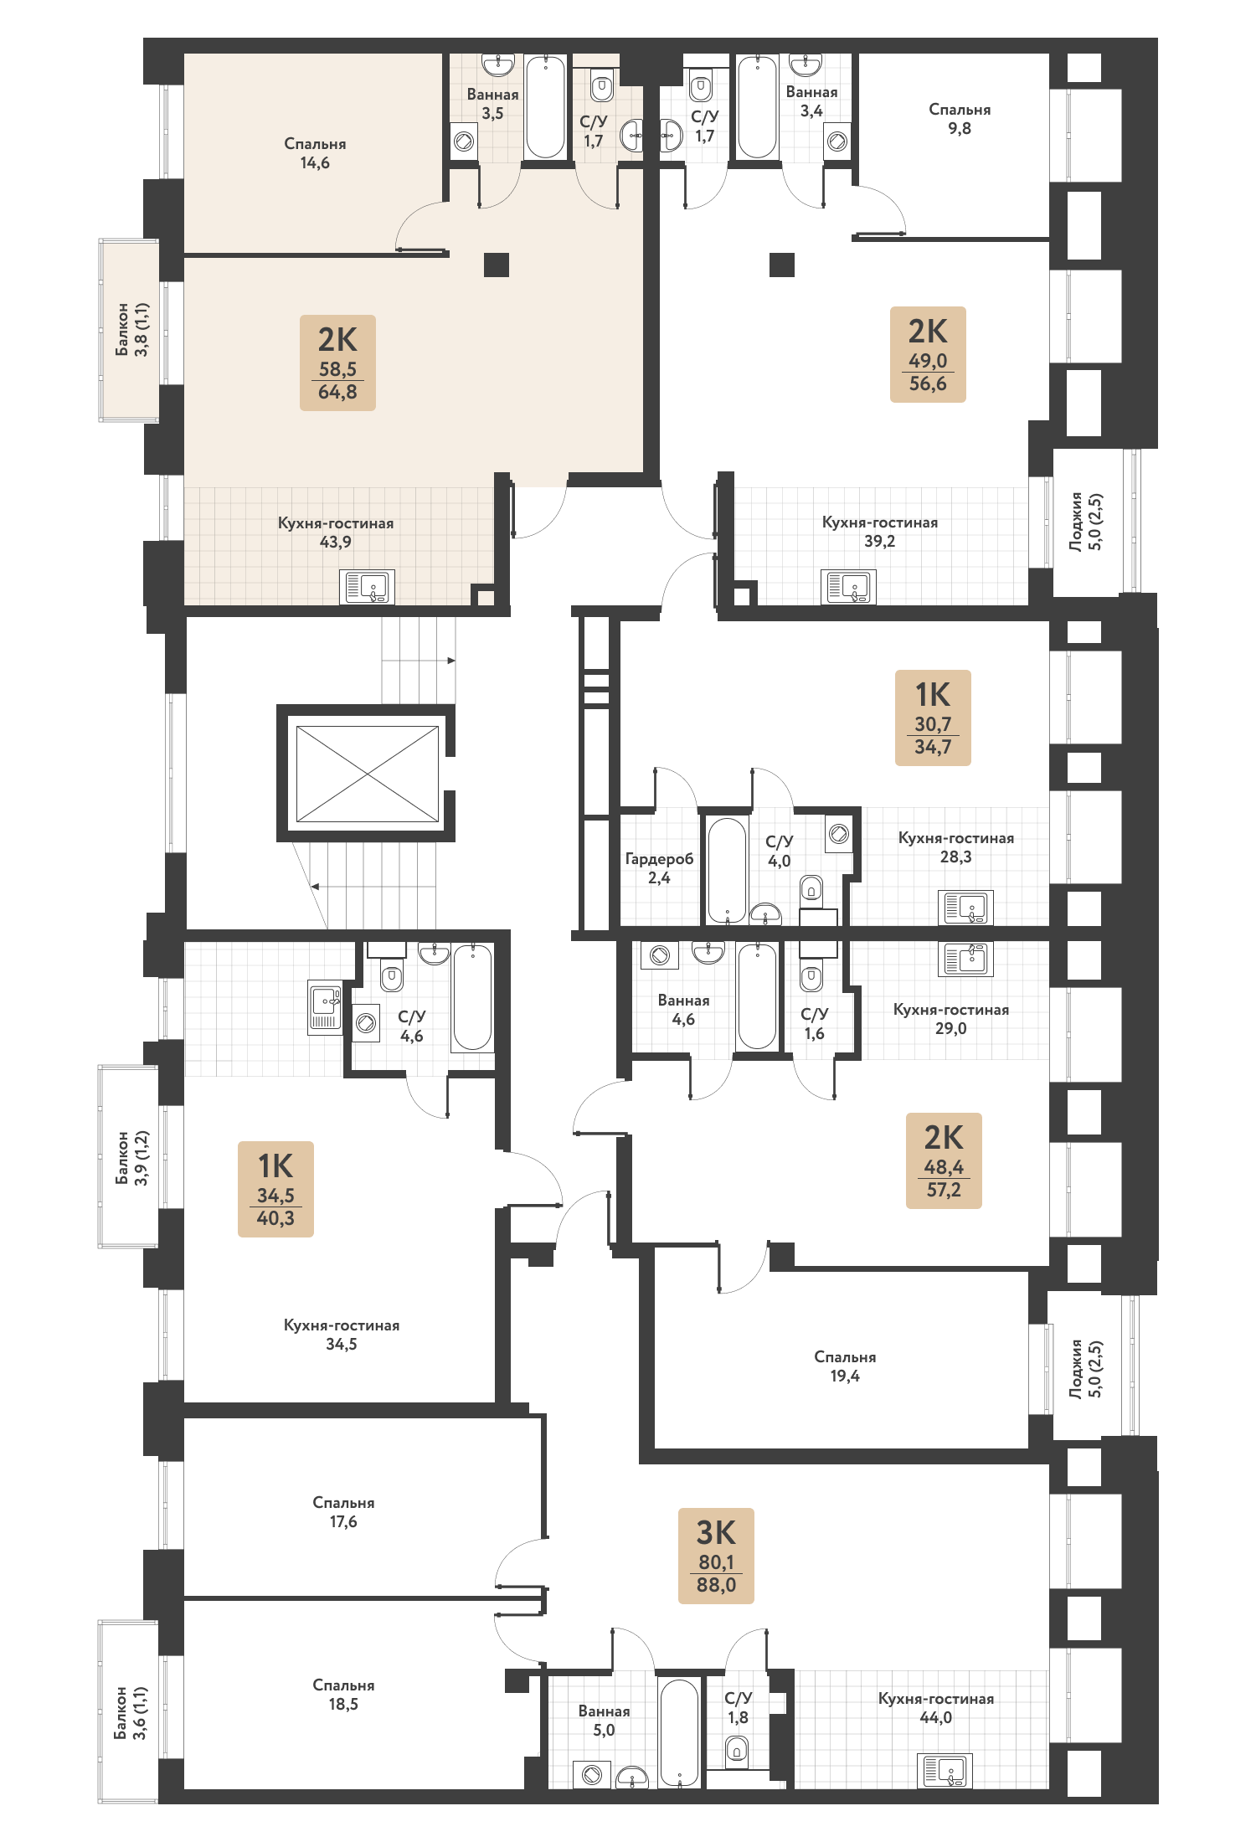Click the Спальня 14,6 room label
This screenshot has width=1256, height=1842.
point(315,153)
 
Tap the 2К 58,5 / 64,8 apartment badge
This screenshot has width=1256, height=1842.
point(337,363)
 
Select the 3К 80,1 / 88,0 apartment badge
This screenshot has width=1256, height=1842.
point(716,1556)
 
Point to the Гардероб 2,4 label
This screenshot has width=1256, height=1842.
point(659,868)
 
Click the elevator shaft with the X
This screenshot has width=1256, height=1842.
point(367,774)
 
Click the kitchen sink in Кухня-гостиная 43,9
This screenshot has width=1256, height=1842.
point(367,587)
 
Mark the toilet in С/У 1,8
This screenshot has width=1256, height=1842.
point(737,1748)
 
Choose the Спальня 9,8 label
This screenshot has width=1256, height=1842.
point(960,119)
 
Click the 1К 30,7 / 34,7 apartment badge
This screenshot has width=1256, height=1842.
point(933,718)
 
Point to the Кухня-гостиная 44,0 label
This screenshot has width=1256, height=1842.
point(936,1707)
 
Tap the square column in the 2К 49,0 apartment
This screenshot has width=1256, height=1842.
point(782,265)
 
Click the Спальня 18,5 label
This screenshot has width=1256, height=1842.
point(343,1694)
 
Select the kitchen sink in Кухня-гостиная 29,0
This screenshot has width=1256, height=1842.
point(966,959)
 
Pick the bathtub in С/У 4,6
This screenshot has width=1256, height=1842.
point(472,996)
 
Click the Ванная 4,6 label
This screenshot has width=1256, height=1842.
point(683,1009)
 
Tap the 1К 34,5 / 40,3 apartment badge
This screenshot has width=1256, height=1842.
point(275,1189)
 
